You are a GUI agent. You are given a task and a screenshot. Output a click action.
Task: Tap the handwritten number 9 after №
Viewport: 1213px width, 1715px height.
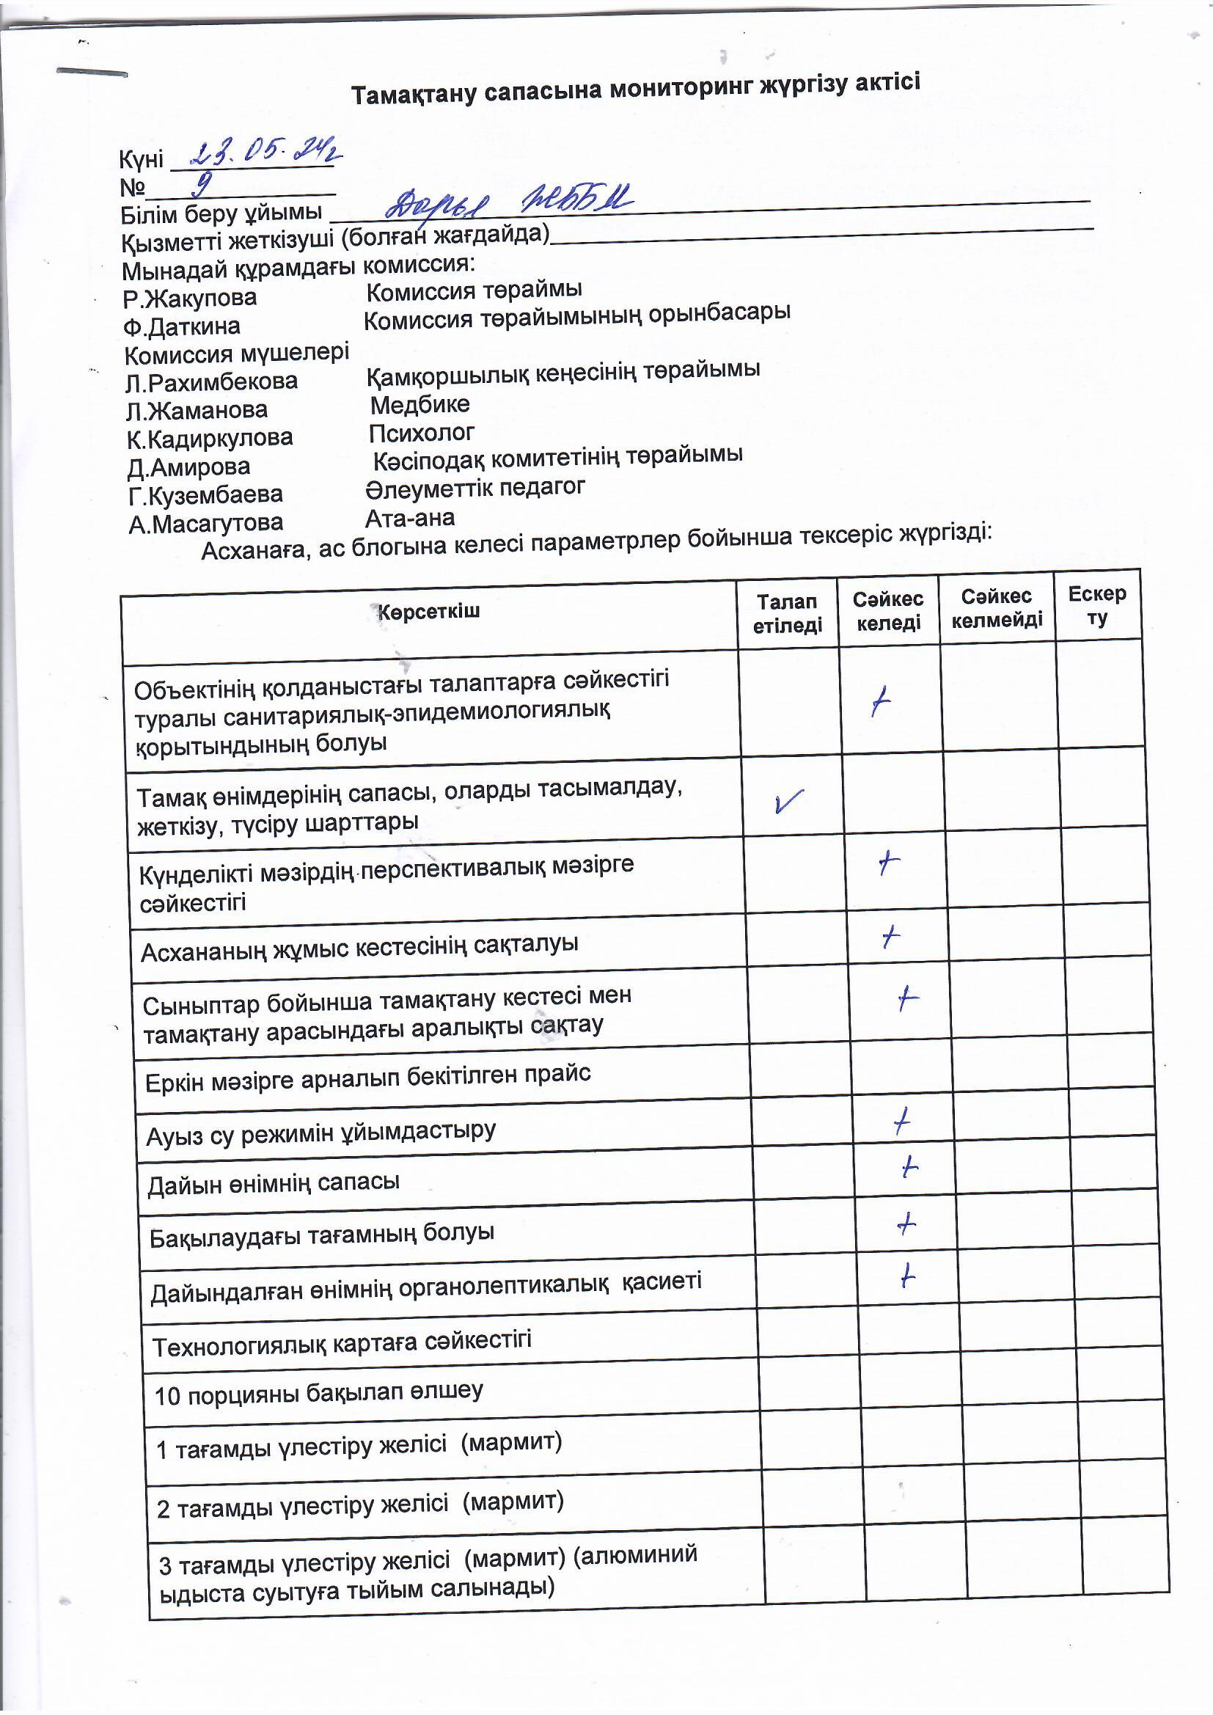[x=201, y=183]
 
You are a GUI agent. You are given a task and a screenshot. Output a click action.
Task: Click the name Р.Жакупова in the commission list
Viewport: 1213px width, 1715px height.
[x=190, y=299]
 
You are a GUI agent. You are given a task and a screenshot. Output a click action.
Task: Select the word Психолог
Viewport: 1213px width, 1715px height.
[x=421, y=434]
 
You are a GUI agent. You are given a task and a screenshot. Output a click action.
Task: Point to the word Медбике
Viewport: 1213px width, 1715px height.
[x=419, y=405]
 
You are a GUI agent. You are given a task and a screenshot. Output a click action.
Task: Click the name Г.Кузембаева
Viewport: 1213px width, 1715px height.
[x=205, y=495]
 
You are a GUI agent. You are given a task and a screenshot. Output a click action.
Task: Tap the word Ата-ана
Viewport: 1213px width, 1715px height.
[x=409, y=518]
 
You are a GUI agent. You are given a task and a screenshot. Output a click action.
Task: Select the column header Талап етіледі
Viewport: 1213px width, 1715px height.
[x=786, y=613]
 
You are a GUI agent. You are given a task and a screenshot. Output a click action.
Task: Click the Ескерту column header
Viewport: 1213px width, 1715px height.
[x=1096, y=605]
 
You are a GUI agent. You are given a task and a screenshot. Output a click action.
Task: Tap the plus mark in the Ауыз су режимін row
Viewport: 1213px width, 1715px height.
[x=902, y=1121]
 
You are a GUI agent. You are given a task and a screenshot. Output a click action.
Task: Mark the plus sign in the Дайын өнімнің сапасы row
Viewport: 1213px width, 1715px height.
[x=909, y=1166]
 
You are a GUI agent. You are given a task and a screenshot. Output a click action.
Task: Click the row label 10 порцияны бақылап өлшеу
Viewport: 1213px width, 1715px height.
[x=318, y=1393]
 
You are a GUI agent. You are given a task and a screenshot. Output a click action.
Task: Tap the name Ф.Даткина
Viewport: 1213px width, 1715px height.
[x=183, y=326]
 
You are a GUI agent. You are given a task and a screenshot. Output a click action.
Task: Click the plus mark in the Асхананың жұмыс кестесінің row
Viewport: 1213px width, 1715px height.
[x=890, y=936]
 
